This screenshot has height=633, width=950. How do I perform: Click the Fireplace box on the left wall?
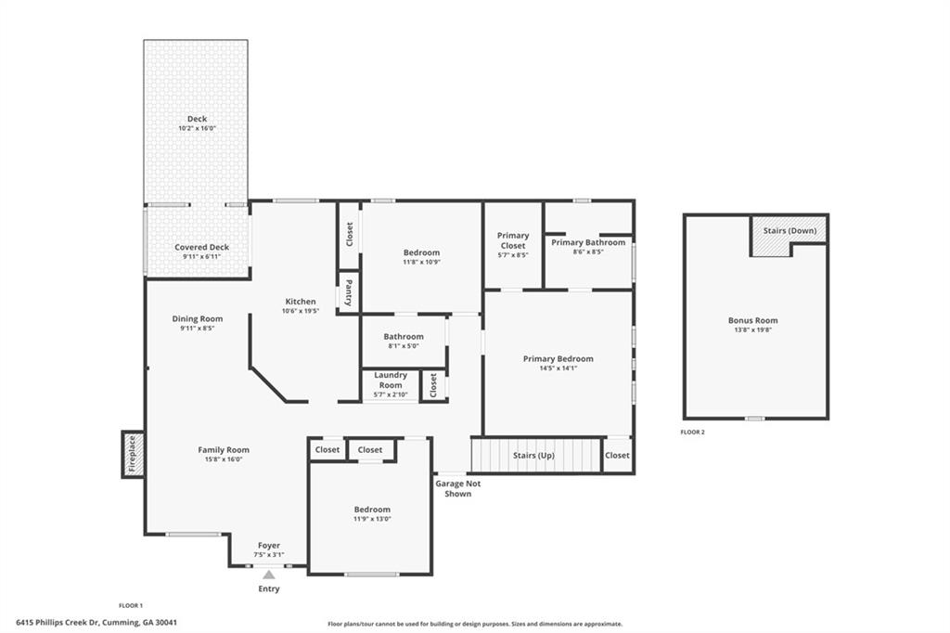[132, 454]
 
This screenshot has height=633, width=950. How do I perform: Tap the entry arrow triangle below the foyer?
[268, 575]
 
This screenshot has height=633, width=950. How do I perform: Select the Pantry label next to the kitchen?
[348, 292]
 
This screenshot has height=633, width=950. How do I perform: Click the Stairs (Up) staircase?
[534, 456]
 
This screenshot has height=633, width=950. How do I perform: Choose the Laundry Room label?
[391, 380]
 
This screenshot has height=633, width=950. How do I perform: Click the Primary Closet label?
[513, 240]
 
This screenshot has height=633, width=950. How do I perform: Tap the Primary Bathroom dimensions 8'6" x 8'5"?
[588, 252]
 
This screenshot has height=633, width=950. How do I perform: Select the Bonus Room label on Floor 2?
[752, 320]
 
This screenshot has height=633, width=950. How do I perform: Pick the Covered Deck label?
[201, 247]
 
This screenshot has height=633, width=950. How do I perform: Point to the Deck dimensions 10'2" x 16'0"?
[197, 128]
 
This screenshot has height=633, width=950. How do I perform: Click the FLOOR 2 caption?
[692, 432]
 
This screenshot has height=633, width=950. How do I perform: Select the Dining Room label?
[197, 318]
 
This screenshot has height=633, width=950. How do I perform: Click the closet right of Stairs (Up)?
[617, 455]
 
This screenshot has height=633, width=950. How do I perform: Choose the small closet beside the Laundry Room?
[433, 384]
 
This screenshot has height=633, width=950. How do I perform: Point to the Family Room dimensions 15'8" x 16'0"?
[223, 459]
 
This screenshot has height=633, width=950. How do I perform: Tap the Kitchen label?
[300, 302]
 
